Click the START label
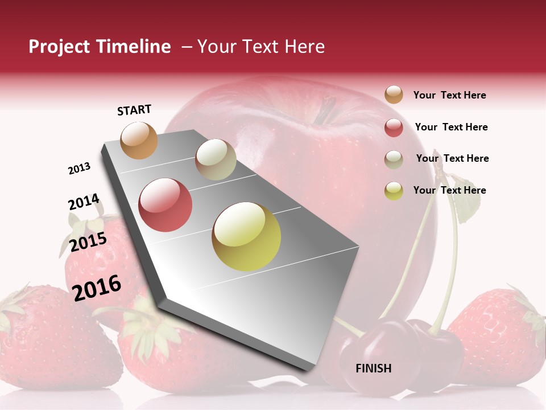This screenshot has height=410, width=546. [x=134, y=110]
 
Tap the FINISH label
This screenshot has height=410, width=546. [x=374, y=368]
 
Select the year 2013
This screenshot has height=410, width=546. [x=80, y=169]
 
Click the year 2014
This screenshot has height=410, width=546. [x=84, y=202]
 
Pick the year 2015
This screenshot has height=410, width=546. [x=88, y=242]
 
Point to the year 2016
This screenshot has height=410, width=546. [x=97, y=288]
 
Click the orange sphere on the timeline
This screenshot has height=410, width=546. [x=139, y=140]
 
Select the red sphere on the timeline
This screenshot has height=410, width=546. [x=165, y=205]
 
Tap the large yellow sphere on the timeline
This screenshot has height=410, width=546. [x=246, y=236]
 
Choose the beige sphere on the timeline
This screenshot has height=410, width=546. [x=216, y=159]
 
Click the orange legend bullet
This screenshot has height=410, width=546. [x=394, y=95]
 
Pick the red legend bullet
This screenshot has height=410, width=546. [x=394, y=128]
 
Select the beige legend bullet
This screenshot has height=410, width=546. [x=394, y=159]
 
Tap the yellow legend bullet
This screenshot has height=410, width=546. [x=394, y=191]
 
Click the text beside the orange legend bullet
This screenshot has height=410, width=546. [x=449, y=95]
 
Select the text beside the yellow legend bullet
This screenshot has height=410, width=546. [x=449, y=190]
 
